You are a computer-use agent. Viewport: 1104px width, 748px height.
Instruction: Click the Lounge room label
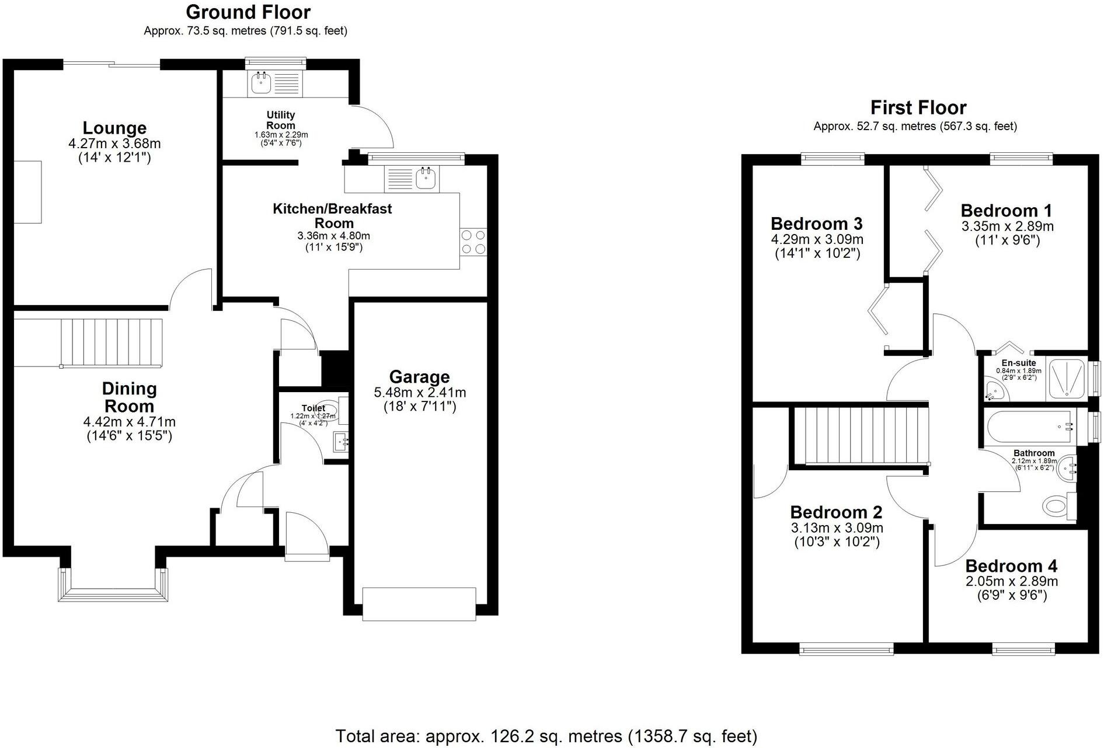click(114, 128)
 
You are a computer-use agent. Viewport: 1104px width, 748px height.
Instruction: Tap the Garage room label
click(419, 377)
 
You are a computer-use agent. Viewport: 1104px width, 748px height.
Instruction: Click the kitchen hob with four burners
click(473, 242)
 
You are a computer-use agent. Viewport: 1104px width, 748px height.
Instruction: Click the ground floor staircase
click(111, 342)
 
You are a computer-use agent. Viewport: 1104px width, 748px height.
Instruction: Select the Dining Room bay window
click(113, 583)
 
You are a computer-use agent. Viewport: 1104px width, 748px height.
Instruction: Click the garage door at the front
click(419, 605)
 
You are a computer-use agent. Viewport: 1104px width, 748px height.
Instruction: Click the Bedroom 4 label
click(1011, 566)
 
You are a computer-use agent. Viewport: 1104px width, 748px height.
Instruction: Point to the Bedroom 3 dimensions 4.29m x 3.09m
click(817, 239)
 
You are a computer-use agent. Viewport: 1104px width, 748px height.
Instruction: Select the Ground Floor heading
click(248, 12)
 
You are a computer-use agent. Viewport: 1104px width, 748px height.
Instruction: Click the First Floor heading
click(918, 107)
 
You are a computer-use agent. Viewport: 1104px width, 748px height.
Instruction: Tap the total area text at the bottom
click(546, 736)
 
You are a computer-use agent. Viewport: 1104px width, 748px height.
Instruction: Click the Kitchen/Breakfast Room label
click(332, 215)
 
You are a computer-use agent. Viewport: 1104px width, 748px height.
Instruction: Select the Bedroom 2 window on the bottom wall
click(847, 648)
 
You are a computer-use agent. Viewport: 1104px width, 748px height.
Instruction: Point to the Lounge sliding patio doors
click(112, 64)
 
